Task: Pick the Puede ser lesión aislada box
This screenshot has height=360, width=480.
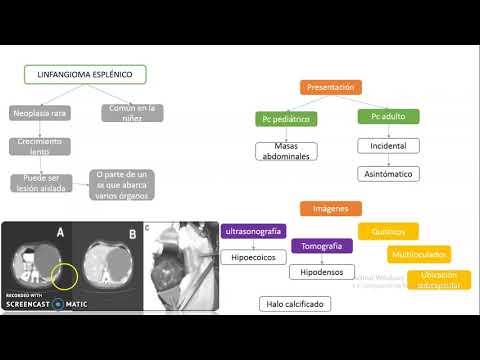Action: click(41, 184)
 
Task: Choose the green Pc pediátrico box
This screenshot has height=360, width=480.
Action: click(285, 119)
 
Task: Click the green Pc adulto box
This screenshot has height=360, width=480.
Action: click(387, 117)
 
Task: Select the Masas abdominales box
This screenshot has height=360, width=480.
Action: click(286, 152)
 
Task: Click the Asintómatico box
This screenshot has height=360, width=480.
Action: click(388, 174)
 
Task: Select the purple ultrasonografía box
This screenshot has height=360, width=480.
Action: click(253, 231)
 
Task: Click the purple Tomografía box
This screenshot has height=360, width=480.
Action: click(321, 246)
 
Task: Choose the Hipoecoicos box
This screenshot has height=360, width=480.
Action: click(253, 258)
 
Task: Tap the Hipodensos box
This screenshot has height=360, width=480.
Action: click(321, 272)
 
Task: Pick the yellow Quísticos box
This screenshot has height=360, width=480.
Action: click(388, 231)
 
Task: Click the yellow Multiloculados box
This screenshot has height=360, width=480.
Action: click(419, 254)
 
